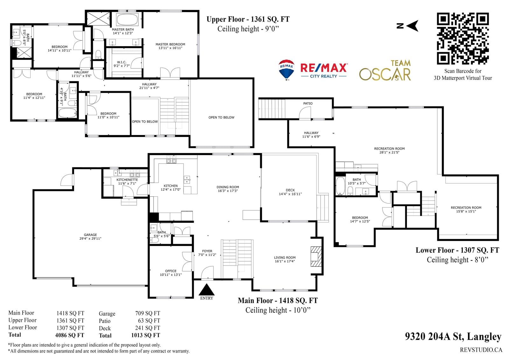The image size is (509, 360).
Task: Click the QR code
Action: pos(463,39)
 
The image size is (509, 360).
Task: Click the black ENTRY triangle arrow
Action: pos(206,290)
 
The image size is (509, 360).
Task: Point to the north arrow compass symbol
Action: pos(408,26)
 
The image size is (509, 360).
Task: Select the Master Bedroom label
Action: pos(170,46)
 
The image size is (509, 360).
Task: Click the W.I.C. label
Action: pos(122,64)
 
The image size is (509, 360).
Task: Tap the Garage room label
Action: pos(90,236)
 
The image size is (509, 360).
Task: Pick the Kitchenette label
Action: pos(127,181)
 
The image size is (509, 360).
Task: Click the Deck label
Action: pos(290,192)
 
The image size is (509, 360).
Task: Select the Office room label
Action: pos(171,273)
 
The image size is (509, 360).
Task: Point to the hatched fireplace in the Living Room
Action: pos(316,257)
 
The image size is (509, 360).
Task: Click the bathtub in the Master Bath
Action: pos(127,19)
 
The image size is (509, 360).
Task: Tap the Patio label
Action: pos(308,103)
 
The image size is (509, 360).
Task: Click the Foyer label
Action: pos(207,253)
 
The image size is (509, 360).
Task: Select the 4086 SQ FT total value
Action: pos(70,335)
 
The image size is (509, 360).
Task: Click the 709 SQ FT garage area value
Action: pos(148,313)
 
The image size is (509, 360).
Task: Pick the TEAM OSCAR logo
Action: pos(385,70)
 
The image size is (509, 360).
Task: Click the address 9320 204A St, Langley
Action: pos(453,336)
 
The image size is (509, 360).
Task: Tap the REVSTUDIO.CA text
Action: pos(481,350)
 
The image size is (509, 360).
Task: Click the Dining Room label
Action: pos(228,189)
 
